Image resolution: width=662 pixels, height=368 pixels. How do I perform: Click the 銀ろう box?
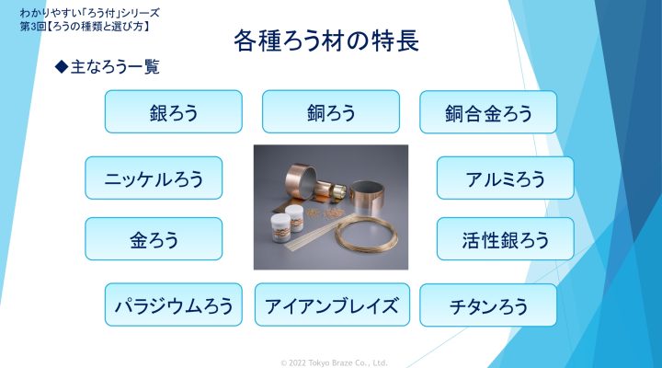coord(174,111)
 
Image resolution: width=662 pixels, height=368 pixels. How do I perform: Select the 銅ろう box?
coord(331,111)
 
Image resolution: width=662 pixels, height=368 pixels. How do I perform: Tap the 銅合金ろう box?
coord(488,112)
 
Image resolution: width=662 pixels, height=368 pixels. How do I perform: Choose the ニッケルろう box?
coord(154,178)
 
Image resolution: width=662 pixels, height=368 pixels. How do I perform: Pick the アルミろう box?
coord(506,178)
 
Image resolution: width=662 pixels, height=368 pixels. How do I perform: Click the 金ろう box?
coord(154,238)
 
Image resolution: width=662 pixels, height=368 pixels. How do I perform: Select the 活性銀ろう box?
coord(506,238)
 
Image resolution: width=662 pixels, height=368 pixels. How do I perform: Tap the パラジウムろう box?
coord(174,305)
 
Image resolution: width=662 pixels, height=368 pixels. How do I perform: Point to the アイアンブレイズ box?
coord(332,305)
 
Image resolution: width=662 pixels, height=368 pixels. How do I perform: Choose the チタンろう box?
coord(488,305)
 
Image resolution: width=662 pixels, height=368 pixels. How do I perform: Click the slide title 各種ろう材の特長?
coord(325,40)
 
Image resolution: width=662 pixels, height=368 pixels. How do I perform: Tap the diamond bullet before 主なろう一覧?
coord(62,66)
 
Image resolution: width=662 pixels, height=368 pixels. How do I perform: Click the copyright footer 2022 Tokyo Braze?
coord(334,362)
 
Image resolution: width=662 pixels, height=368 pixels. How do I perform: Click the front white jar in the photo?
coord(280,227)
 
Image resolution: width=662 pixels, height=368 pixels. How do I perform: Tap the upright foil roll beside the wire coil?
coord(368,199)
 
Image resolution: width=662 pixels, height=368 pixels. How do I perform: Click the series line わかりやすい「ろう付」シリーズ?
coord(90,13)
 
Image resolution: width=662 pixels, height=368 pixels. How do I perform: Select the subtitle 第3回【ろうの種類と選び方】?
coord(85,26)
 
